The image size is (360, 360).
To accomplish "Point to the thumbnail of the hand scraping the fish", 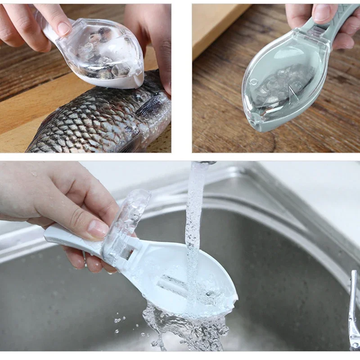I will click(x=63, y=28).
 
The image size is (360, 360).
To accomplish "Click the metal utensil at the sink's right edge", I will click(x=353, y=310).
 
